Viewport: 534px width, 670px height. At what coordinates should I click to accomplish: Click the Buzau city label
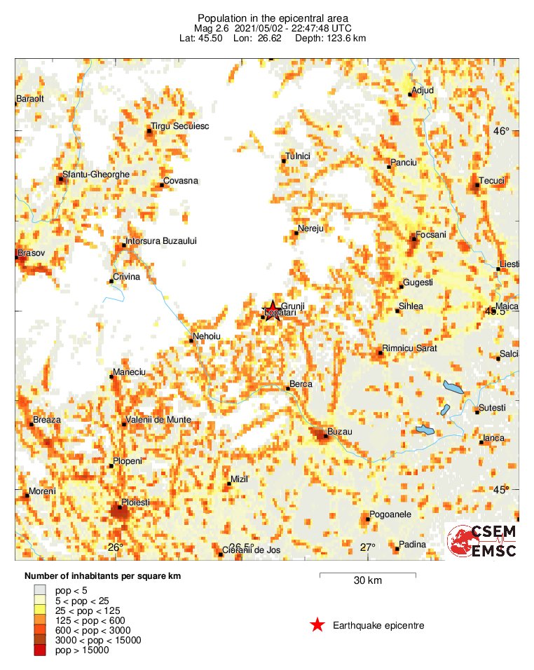(x=339, y=432)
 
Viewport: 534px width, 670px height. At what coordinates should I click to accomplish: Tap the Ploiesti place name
(x=136, y=502)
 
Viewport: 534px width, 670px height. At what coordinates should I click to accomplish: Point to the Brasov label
(x=31, y=252)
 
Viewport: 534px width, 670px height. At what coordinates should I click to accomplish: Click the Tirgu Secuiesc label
(x=180, y=125)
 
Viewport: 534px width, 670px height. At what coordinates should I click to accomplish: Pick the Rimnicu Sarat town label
(x=410, y=348)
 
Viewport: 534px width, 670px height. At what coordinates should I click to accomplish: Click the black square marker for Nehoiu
(x=193, y=341)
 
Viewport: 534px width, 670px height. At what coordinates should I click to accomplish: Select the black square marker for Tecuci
(x=477, y=185)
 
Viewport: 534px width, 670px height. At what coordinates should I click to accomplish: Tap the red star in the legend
(x=317, y=625)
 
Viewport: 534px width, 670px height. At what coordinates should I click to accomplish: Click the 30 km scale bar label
(x=367, y=581)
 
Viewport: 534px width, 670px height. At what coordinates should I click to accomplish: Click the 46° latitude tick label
(x=500, y=131)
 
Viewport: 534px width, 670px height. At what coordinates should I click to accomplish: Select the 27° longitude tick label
(x=368, y=547)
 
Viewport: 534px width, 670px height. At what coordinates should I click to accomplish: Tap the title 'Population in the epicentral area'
(x=273, y=18)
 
